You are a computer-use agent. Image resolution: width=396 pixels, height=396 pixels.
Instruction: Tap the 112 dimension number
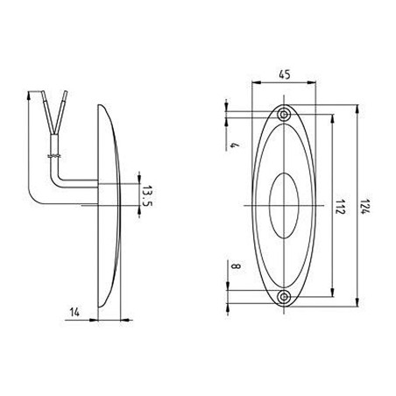[x=341, y=207]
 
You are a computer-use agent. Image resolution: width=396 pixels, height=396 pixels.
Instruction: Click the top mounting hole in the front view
[x=284, y=115]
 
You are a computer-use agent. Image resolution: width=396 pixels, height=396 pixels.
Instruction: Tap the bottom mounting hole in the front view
[x=284, y=298]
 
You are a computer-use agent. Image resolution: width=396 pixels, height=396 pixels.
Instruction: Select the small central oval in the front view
[x=284, y=206]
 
